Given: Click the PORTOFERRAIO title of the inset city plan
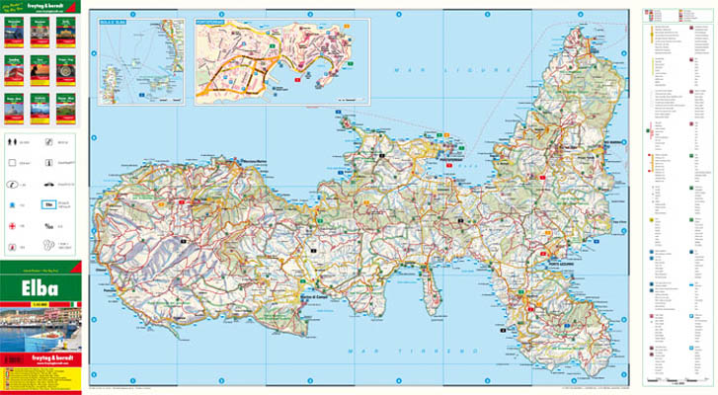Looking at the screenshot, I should [214, 19].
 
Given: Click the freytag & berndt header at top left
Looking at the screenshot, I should [40, 6].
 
